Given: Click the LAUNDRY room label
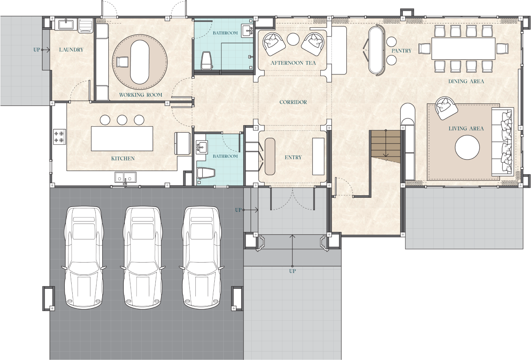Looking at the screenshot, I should click(71, 50).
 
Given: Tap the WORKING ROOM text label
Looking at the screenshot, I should click(140, 95).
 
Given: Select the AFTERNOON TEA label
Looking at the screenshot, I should click(293, 63).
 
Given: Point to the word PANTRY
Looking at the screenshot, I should click(401, 51).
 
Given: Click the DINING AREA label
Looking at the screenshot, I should click(466, 81).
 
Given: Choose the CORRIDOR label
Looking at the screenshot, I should click(293, 102).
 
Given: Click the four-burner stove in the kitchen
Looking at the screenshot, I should click(59, 137).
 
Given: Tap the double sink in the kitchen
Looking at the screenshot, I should click(125, 177).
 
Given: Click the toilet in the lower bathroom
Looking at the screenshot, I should click(206, 173).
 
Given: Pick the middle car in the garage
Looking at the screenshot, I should click(142, 257).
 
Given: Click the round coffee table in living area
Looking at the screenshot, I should click(467, 148).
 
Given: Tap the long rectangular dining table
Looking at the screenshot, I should click(463, 48).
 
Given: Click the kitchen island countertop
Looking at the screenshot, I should click(122, 138).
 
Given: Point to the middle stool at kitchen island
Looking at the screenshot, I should click(122, 120).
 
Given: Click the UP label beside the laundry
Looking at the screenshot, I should click(36, 50).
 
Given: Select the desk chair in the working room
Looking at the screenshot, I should click(122, 62).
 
